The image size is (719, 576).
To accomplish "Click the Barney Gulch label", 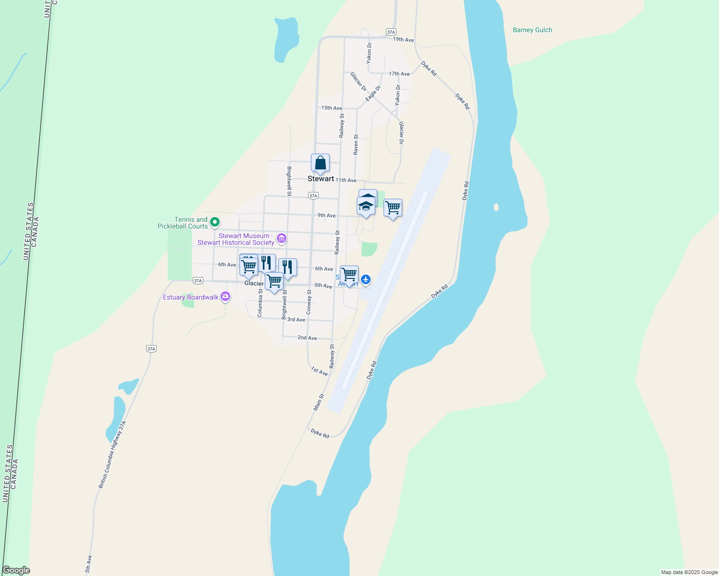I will tap(532, 30).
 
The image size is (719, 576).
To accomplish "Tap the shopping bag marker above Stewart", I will tap(320, 164).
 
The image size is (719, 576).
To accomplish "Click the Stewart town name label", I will tap(321, 179).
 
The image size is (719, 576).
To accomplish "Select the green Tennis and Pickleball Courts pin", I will tap(215, 222).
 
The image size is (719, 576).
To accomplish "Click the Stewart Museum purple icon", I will tap(282, 239).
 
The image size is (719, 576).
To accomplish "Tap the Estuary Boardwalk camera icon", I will tap(225, 297).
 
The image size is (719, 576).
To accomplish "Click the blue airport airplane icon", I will tap(366, 279).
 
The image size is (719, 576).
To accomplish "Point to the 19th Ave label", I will tap(403, 40).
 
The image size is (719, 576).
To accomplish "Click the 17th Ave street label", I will tap(399, 74).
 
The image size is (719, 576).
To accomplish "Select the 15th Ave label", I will tap(332, 108).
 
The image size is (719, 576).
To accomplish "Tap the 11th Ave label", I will tap(346, 180).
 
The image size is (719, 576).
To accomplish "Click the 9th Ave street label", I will tap(326, 216).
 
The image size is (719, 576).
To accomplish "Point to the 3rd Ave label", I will tap(296, 320).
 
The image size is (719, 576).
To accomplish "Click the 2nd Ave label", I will tap(307, 338).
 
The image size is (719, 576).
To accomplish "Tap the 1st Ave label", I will tap(319, 371).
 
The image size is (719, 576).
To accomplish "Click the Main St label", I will tap(319, 402).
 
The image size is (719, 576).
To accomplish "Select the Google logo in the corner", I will tap(16, 570).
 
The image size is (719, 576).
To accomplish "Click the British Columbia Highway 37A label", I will tap(112, 455).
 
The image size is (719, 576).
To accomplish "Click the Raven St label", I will tap(356, 144).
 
